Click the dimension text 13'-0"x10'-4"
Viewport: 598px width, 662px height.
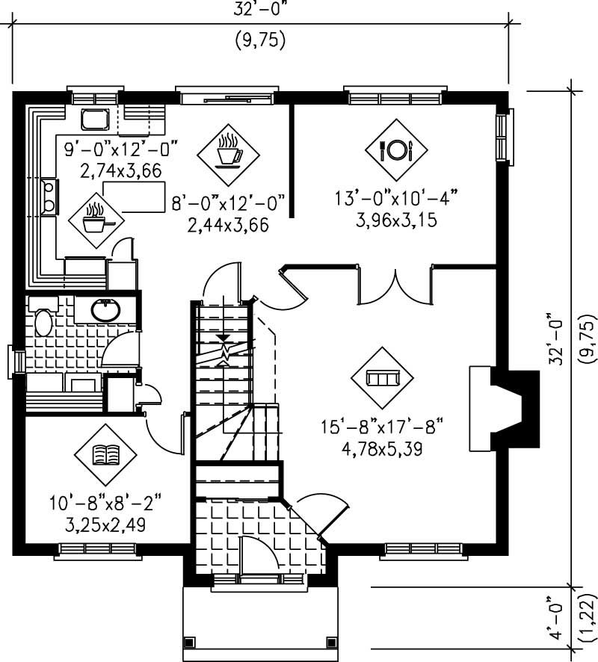(395, 199)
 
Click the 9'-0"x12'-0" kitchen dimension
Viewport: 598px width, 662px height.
(120, 149)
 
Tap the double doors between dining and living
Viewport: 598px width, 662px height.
(395, 285)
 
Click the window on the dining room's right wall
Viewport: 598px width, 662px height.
(506, 135)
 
